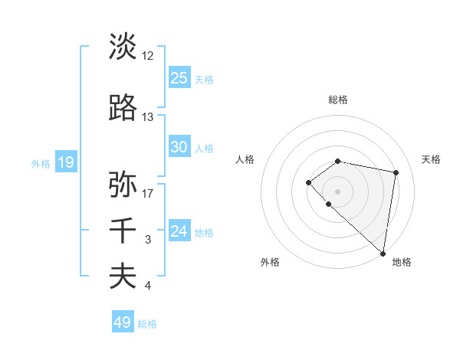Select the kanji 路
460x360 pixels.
click(123, 109)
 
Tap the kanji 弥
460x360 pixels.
click(123, 185)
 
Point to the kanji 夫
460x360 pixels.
click(123, 277)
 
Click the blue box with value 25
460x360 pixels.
click(179, 77)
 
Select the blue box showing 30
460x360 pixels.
click(179, 147)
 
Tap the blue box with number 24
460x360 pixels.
click(179, 231)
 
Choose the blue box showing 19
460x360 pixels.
click(65, 162)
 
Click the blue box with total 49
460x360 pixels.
click(123, 322)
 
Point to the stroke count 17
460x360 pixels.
click(147, 193)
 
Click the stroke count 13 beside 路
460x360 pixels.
click(147, 117)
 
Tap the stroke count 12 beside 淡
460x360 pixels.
click(147, 55)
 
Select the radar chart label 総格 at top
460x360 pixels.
click(338, 100)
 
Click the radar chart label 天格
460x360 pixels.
click(431, 159)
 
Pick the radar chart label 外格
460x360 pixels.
click(270, 263)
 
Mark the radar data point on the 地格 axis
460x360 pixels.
click(383, 253)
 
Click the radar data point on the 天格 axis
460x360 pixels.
click(396, 172)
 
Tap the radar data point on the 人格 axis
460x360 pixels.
click(308, 182)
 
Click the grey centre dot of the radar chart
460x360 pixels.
click(338, 191)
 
